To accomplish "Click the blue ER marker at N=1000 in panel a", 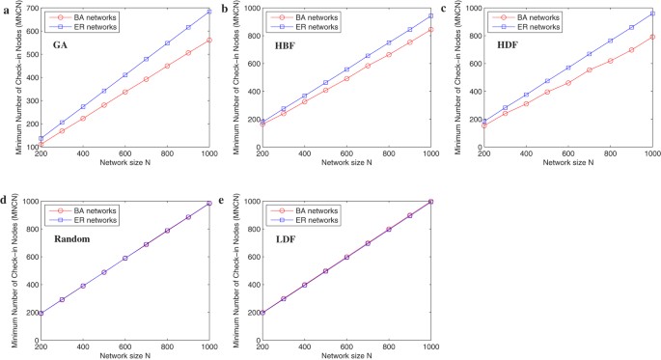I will point(208,12).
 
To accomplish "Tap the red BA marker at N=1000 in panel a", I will point(208,41).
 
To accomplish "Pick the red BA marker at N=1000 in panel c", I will point(652,37).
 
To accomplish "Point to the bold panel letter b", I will point(225,8).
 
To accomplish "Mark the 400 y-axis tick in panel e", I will point(253,285).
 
